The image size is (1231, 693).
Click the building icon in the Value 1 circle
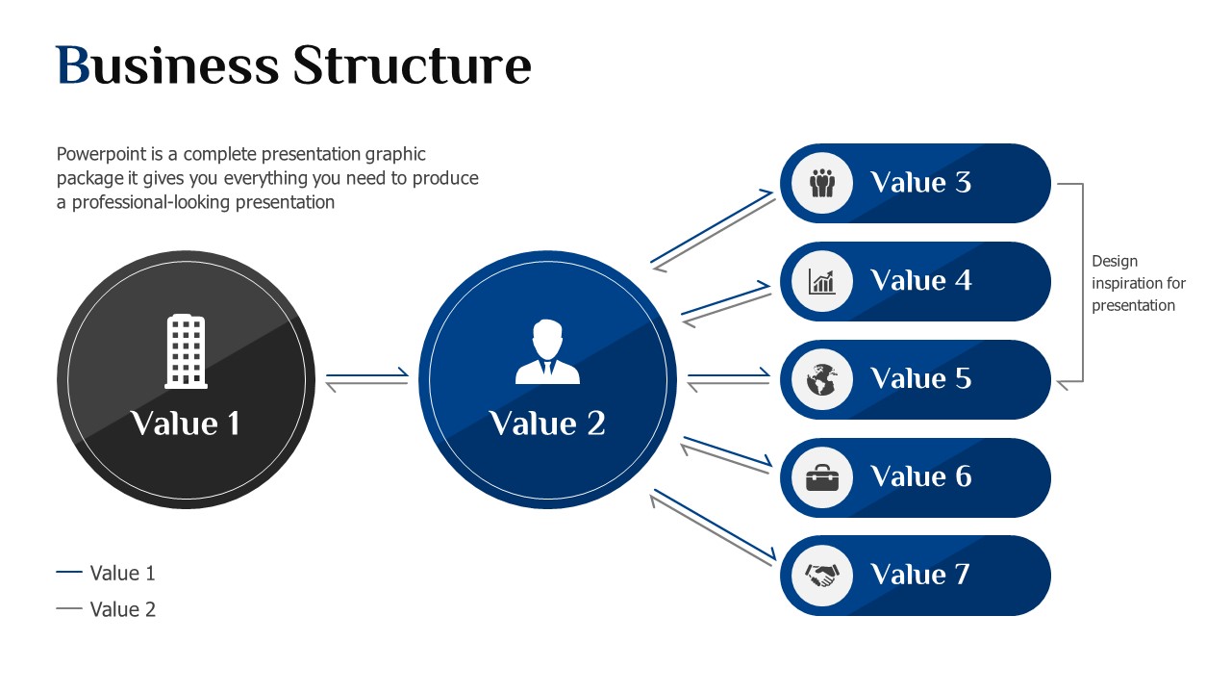click(x=187, y=351)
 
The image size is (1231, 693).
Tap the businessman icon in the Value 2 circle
click(x=547, y=351)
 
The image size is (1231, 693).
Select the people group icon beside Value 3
click(x=822, y=183)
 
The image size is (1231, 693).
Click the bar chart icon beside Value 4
click(x=822, y=281)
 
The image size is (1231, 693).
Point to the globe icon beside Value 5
click(x=822, y=379)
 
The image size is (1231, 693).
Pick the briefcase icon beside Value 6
click(x=822, y=477)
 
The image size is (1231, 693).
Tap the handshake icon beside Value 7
click(x=822, y=576)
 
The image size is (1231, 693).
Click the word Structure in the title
click(x=413, y=65)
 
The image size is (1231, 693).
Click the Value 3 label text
click(x=921, y=182)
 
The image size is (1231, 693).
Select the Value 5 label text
click(x=921, y=378)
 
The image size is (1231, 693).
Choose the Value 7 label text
click(x=920, y=575)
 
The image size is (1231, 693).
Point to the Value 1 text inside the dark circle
click(x=186, y=423)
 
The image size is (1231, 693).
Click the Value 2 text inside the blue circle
click(x=547, y=423)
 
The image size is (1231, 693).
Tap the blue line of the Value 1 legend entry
click(x=69, y=573)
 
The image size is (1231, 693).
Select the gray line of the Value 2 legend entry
click(x=69, y=609)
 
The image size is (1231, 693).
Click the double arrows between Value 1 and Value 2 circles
click(x=367, y=379)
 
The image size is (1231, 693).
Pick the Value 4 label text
click(x=921, y=280)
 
